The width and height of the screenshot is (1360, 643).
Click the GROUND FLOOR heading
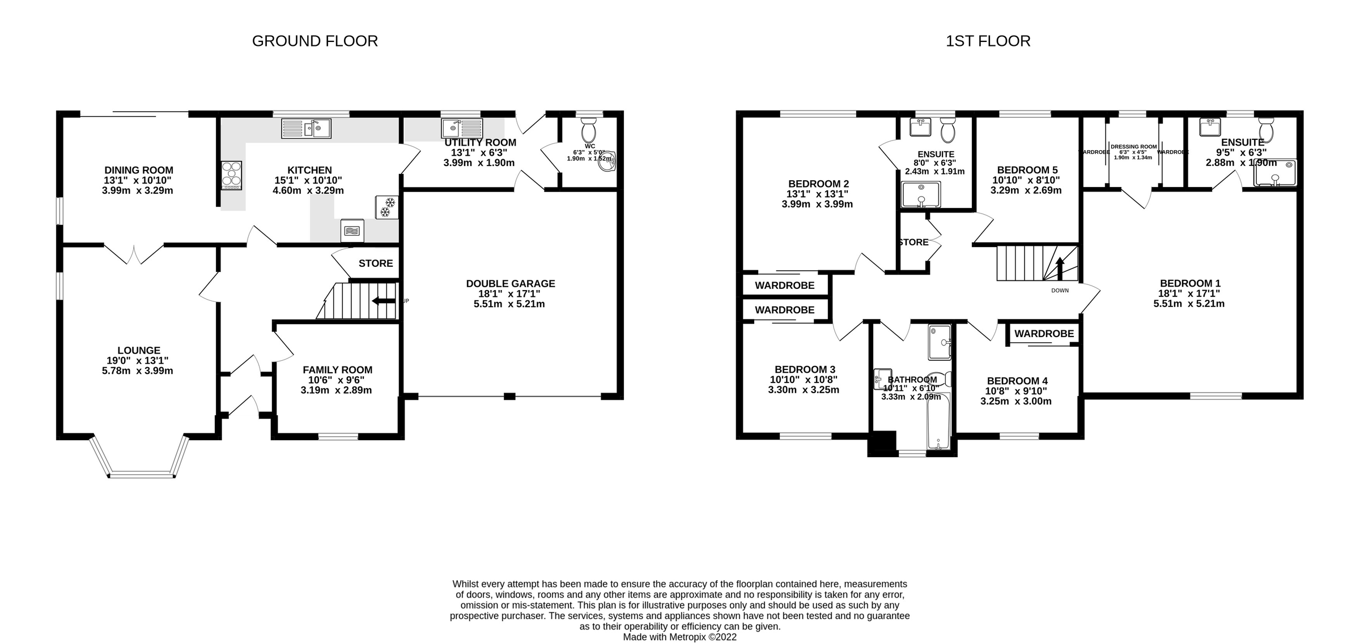point(314,41)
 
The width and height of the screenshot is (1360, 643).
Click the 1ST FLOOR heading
point(988,41)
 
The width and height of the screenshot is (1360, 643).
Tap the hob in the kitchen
point(231,175)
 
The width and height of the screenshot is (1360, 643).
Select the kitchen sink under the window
point(306,129)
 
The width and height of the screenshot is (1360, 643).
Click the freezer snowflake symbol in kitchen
point(387,207)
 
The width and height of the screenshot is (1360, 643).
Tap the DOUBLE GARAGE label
point(510,284)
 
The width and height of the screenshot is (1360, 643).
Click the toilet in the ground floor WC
point(589,130)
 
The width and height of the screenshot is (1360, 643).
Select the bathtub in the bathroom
point(938,421)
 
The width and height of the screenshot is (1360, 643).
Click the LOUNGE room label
point(139,351)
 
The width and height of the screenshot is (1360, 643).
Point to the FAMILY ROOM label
point(337,370)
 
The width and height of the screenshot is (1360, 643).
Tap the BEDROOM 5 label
point(1027,170)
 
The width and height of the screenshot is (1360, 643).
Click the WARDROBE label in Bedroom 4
point(1044,334)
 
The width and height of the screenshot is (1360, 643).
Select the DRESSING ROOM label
point(1133,147)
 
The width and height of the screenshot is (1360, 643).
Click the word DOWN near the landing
point(1060,291)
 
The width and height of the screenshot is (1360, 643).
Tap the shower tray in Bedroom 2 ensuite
point(921,194)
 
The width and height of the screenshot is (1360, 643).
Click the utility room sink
point(462,129)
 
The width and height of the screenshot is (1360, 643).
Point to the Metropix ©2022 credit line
point(679,637)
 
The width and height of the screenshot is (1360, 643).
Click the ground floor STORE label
point(375,263)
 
